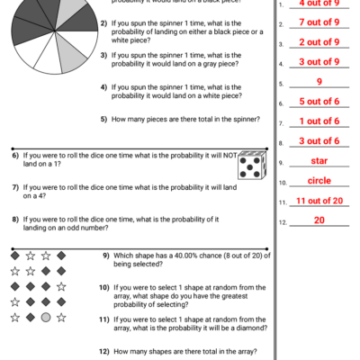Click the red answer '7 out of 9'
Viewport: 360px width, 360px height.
point(319,22)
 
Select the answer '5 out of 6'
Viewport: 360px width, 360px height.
point(319,102)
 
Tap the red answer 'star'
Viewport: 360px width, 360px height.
point(319,161)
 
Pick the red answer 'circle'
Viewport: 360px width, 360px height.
point(319,181)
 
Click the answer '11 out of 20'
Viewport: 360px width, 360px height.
point(319,201)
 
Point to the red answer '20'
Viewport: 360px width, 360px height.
point(319,220)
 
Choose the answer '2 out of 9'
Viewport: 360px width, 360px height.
point(319,42)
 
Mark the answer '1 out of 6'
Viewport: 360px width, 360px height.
point(319,121)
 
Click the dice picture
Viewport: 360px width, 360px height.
point(251,165)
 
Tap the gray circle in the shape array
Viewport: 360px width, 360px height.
point(45,318)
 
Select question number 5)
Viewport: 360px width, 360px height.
point(104,119)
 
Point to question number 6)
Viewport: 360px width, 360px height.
point(16,156)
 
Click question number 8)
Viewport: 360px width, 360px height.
point(16,219)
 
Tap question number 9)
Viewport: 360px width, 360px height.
point(105,256)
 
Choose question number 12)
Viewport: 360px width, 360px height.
point(104,351)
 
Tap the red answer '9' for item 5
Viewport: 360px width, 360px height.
point(319,82)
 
